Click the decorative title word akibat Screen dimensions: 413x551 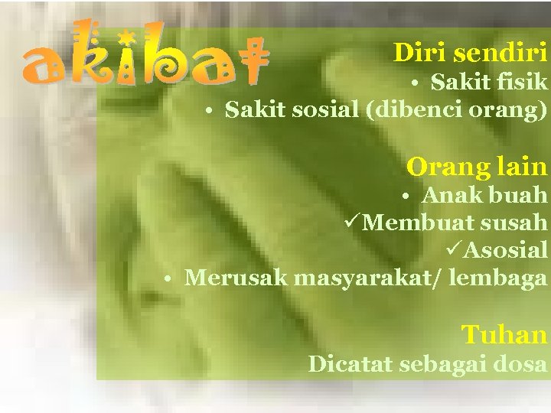[x=144, y=57]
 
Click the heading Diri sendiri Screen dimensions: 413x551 [x=470, y=52]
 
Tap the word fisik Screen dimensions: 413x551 [x=523, y=81]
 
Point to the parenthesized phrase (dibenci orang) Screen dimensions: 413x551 [x=457, y=110]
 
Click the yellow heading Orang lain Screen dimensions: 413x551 [x=477, y=165]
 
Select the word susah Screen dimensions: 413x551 [x=515, y=223]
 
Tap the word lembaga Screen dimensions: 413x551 [x=498, y=277]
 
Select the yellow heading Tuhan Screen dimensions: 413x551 [x=504, y=334]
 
